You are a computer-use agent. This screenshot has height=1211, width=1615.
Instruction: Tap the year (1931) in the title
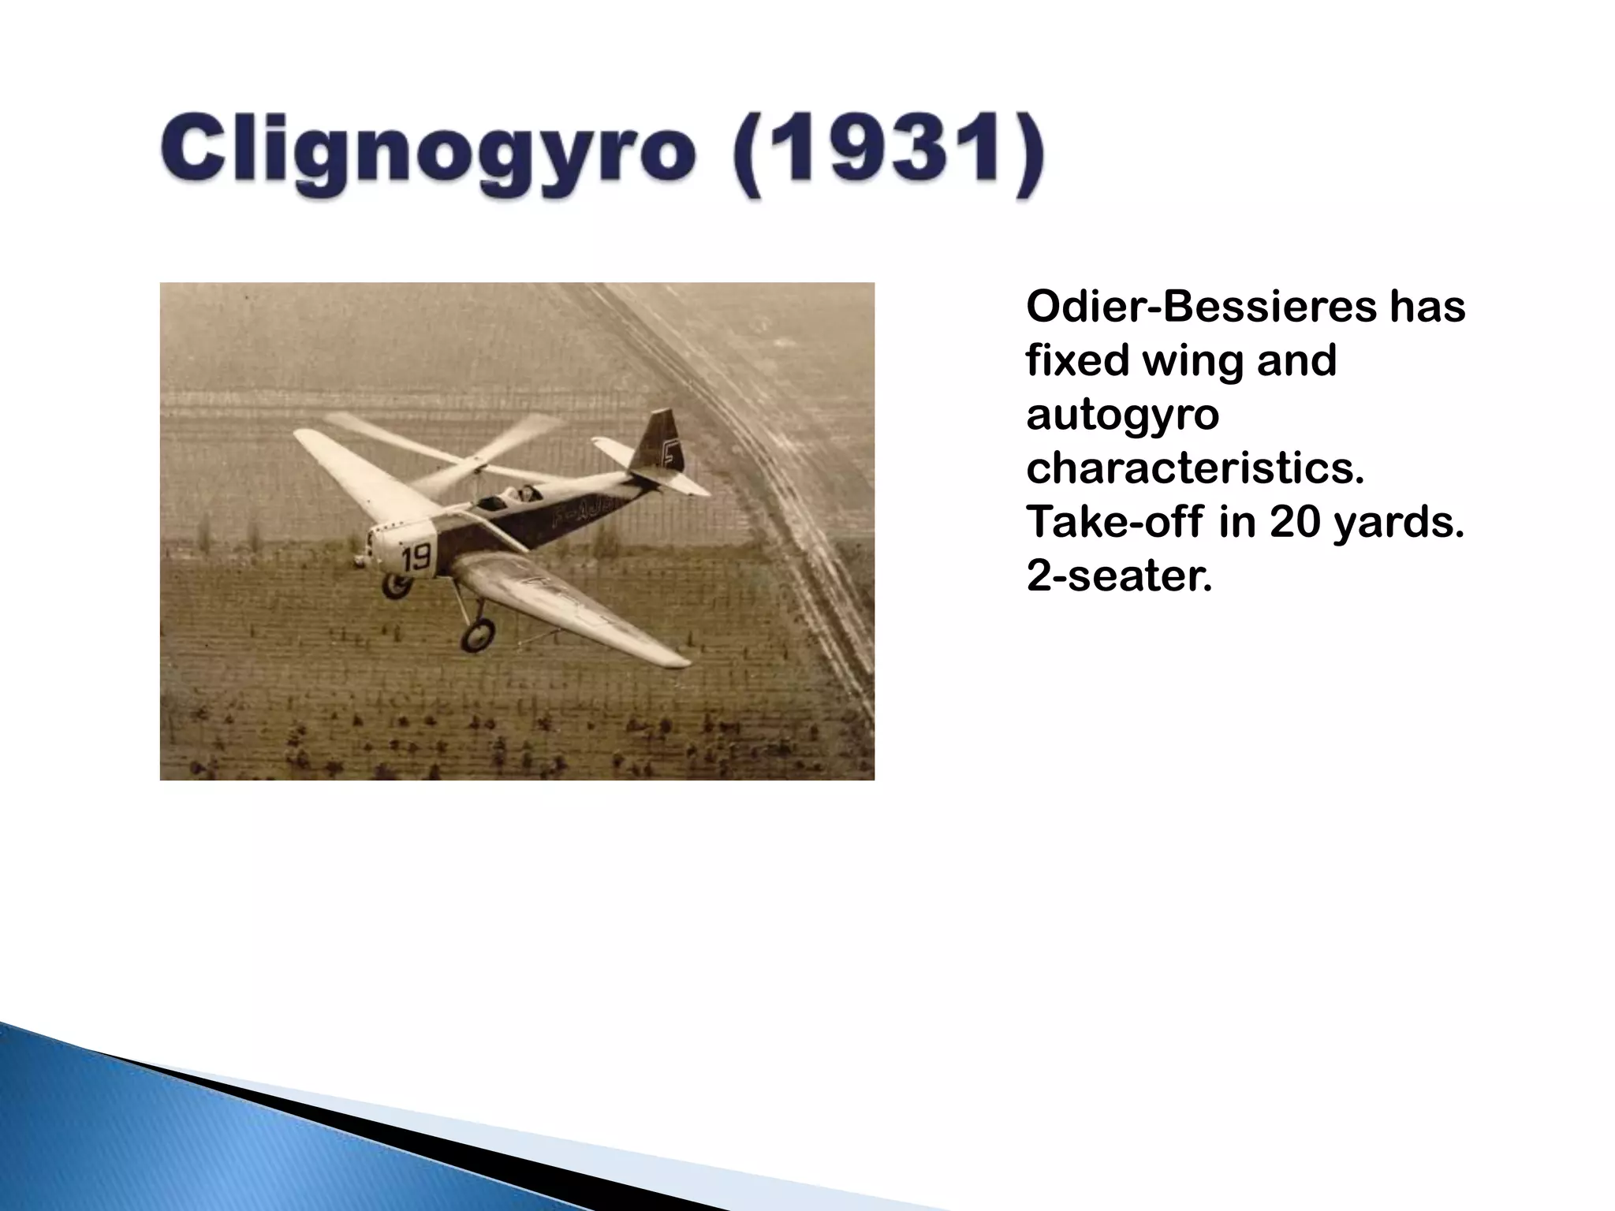tap(891, 154)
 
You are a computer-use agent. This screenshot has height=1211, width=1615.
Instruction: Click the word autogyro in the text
tap(1122, 415)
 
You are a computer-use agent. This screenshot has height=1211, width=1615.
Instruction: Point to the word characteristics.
tap(1195, 468)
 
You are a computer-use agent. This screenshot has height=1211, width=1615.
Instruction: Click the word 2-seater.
tap(1118, 576)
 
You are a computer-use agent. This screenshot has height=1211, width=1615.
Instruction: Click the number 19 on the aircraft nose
tap(416, 557)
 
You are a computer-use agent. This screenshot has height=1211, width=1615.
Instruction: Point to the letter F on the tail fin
tap(670, 453)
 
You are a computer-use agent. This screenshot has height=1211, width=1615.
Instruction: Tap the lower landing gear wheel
tap(478, 633)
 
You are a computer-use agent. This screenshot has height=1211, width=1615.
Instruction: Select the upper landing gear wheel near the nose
tap(397, 585)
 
